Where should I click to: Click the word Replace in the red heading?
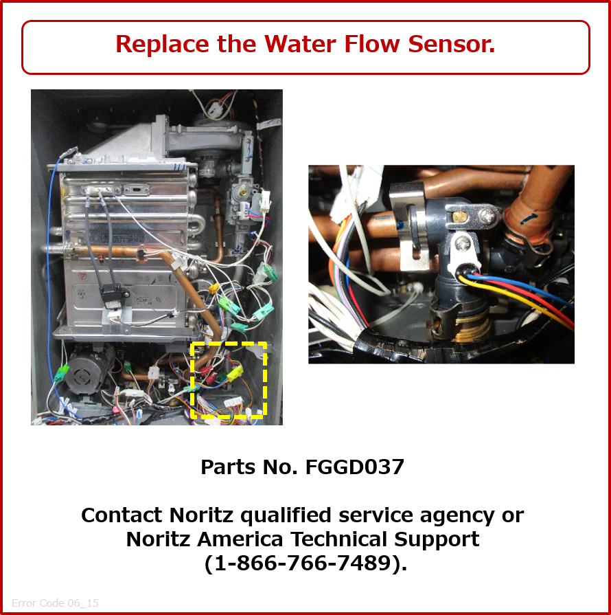point(162,44)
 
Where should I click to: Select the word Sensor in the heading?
point(452,43)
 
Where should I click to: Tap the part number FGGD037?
point(355,467)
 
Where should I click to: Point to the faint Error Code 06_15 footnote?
point(55,603)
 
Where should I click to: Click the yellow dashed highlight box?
point(191,380)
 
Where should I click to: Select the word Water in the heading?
point(300,43)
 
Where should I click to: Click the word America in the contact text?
point(240,539)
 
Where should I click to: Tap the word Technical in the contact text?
point(338,539)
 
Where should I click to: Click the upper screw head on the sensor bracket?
point(487,214)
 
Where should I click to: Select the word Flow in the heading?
point(372,43)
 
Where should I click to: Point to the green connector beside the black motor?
point(61,372)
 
